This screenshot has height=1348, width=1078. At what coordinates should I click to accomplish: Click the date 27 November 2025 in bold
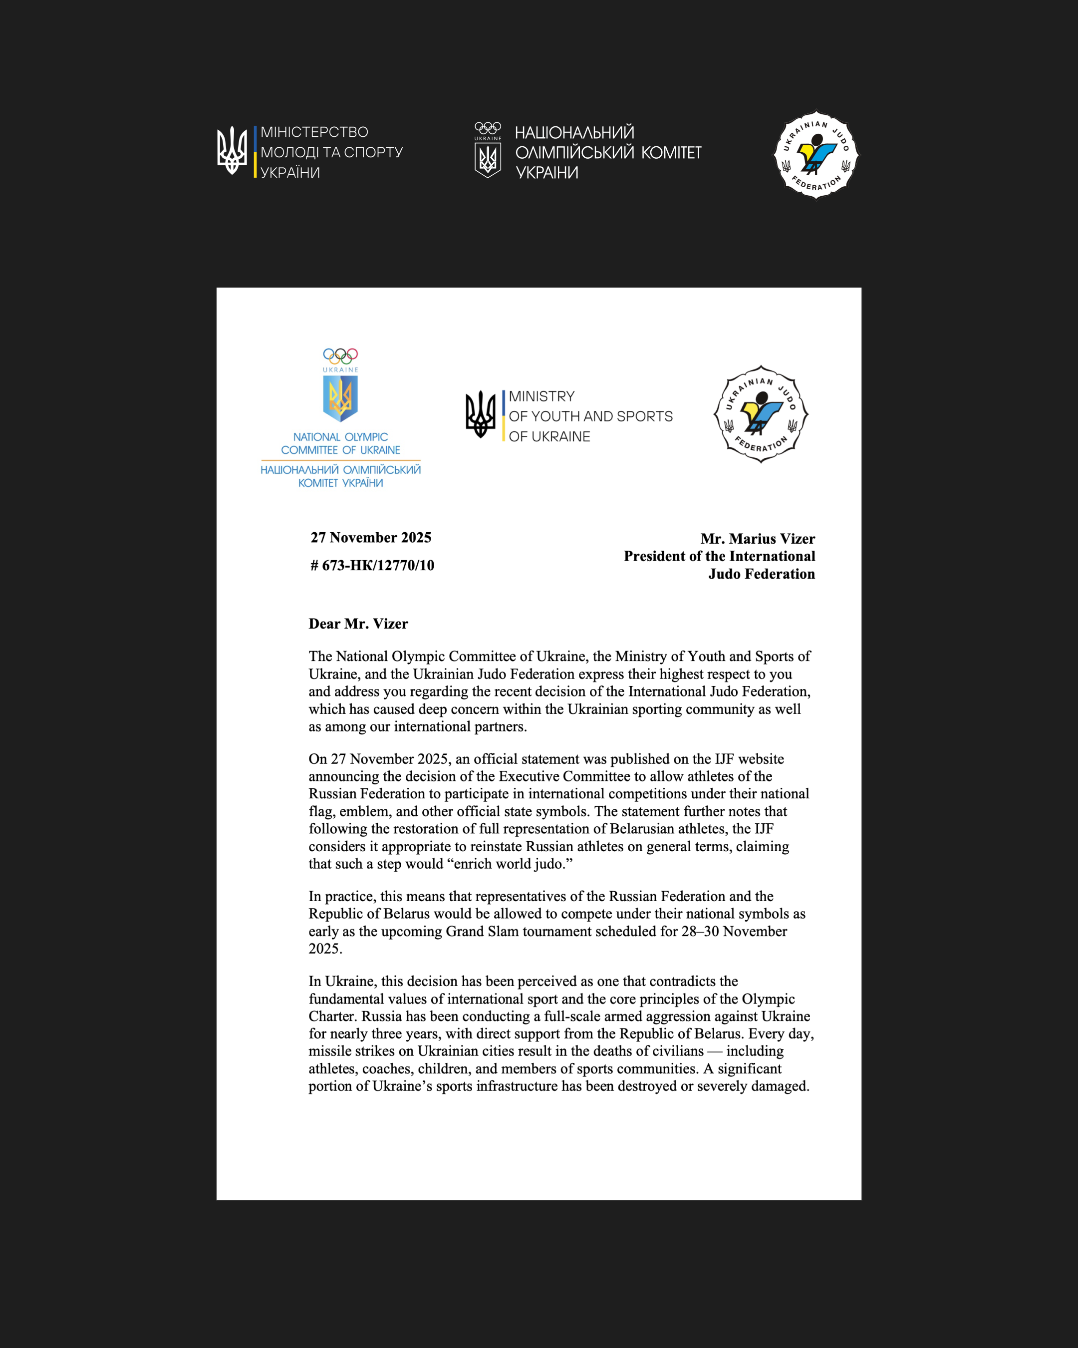coord(371,538)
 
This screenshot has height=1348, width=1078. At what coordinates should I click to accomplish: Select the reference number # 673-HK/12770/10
coord(372,565)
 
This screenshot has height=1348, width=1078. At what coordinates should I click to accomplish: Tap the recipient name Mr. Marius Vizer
coord(758,539)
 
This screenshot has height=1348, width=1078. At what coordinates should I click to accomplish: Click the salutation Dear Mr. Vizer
coord(358,624)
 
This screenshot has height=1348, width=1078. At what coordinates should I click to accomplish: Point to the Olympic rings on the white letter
coord(340,356)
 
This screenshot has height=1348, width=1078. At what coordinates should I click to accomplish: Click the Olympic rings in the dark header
coord(488,127)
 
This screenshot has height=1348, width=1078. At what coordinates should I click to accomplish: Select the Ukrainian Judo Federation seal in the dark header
coord(816,155)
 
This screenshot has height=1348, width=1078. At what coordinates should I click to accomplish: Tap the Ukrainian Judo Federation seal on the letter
coord(761,414)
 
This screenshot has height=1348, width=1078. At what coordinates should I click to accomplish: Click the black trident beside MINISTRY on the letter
coord(480,414)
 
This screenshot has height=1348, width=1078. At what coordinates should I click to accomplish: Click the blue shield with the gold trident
coord(340,398)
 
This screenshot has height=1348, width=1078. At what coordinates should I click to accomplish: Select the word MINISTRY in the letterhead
coord(541,396)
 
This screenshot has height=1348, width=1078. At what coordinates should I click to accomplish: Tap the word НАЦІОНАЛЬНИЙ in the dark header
coord(574,132)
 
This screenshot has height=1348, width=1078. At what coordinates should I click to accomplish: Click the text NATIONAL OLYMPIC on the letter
coord(340,437)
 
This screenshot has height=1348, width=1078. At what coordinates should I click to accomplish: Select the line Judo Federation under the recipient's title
coord(761,574)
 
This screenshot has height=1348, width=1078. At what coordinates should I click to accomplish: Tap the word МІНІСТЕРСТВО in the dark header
coord(314,132)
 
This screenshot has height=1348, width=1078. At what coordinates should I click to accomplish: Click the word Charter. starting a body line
coord(332,1016)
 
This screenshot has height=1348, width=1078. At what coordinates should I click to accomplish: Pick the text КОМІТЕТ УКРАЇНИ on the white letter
coord(340,483)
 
